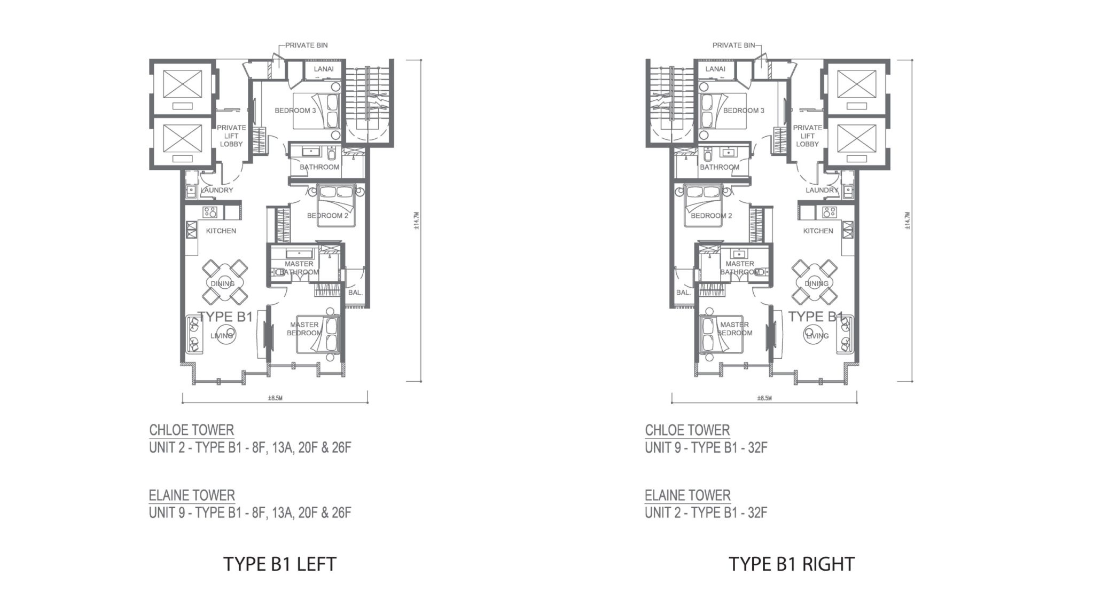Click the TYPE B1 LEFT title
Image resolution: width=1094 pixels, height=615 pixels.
(280, 564)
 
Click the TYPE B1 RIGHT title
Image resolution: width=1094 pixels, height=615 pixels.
(792, 564)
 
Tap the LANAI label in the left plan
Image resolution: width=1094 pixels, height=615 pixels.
(324, 69)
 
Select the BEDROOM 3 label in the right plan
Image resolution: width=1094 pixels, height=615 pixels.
(744, 111)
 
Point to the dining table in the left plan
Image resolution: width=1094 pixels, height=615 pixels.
(224, 281)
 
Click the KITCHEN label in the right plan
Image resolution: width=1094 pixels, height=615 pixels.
(818, 231)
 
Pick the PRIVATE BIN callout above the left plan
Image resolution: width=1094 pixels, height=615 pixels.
(306, 45)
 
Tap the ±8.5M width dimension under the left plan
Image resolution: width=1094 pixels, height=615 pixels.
(275, 398)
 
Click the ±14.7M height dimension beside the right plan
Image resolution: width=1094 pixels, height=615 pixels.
(907, 220)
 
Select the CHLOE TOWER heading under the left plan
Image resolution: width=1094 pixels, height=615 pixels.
(191, 430)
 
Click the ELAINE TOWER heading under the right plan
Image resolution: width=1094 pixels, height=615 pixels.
(687, 495)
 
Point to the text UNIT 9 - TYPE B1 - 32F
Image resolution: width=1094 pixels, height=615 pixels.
(706, 447)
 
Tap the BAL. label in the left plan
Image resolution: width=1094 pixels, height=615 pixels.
(355, 293)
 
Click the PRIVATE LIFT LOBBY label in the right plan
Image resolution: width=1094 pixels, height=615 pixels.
(807, 136)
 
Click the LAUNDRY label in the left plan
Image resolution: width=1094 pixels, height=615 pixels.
(216, 190)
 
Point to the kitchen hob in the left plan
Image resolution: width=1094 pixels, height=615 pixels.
(210, 212)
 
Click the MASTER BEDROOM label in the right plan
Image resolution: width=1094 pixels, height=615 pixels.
(734, 328)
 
